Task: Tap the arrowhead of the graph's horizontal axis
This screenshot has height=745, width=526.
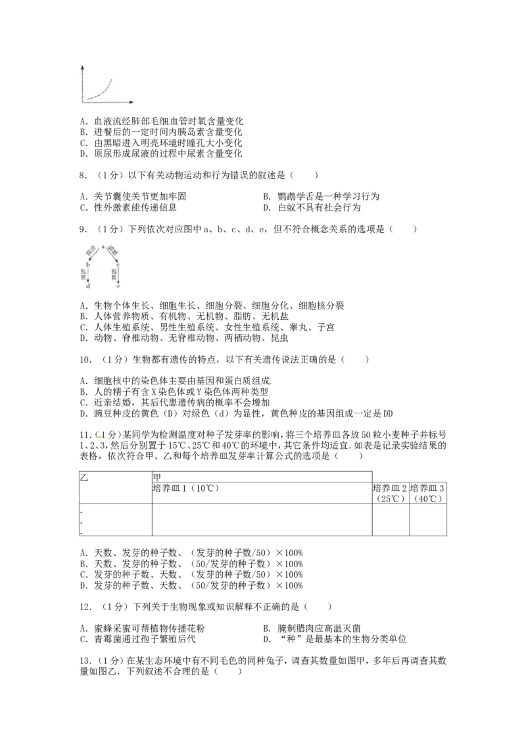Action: click(x=133, y=102)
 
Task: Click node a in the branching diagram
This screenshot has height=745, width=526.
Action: click(x=103, y=246)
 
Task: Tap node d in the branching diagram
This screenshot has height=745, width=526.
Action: click(x=87, y=286)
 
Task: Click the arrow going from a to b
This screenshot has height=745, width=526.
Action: click(x=93, y=254)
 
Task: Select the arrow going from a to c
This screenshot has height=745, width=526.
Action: click(x=111, y=254)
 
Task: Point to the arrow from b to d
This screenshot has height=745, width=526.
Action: click(x=87, y=274)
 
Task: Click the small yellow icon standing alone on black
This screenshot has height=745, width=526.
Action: click(x=99, y=436)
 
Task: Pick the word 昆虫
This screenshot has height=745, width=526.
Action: click(x=280, y=338)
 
